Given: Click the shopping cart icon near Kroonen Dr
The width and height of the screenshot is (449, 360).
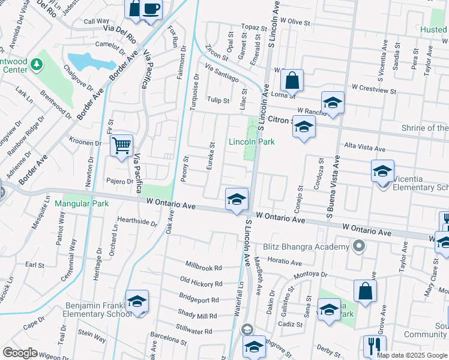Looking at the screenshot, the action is pyautogui.click(x=121, y=145).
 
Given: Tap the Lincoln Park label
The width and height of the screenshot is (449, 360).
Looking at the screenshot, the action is pyautogui.click(x=251, y=142).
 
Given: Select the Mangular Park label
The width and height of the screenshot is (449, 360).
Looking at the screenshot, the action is pyautogui.click(x=82, y=203).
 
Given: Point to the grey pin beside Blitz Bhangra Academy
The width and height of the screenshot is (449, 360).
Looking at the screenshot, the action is pyautogui.click(x=359, y=246).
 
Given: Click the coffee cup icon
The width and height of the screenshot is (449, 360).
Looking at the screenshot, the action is pyautogui.click(x=152, y=10).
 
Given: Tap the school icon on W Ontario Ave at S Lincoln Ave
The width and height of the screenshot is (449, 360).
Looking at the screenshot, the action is pyautogui.click(x=237, y=199).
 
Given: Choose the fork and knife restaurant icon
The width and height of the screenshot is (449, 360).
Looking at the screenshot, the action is pyautogui.click(x=374, y=346).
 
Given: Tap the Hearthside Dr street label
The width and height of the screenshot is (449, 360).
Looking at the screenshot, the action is pyautogui.click(x=137, y=221).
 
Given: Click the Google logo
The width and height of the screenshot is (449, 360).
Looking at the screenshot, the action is pyautogui.click(x=20, y=353).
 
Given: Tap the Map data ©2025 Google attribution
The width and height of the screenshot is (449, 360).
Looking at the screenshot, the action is pyautogui.click(x=411, y=355).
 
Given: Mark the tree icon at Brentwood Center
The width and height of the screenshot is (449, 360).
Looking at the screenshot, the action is pyautogui.click(x=37, y=64).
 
